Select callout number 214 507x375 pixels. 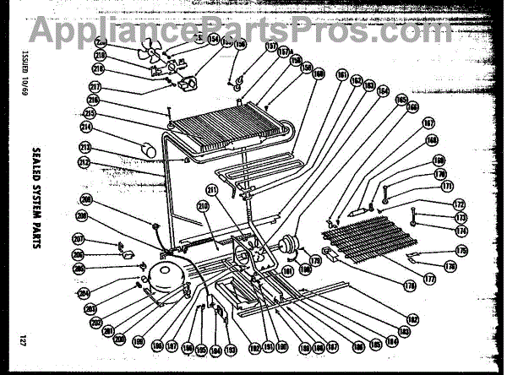(x=86, y=128)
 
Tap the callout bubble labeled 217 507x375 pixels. (x=95, y=86)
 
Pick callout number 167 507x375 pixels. (x=428, y=122)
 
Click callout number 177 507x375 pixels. (x=428, y=278)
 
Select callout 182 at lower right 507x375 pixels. (x=413, y=318)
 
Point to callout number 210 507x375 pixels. (x=203, y=205)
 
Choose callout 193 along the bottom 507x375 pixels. (x=232, y=350)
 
